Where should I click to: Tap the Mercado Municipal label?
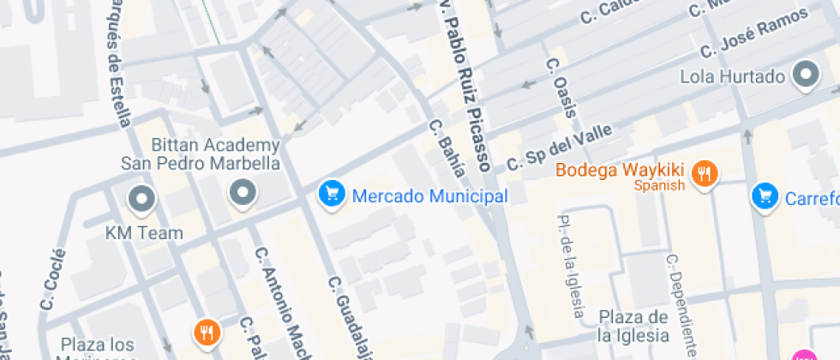point(430,196)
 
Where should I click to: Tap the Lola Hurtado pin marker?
point(806,75)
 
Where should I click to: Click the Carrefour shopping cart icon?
point(764,196)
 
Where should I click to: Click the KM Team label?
point(144,232)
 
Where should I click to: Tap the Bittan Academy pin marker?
point(243,194)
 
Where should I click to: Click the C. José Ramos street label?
point(754,32)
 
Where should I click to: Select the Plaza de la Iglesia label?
point(633,325)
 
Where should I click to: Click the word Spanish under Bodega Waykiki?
point(659,185)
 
